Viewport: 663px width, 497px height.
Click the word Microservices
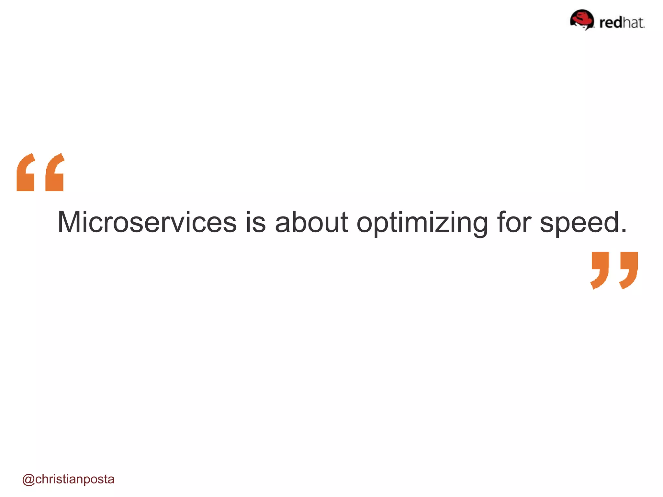(147, 222)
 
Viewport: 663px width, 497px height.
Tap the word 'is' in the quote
(256, 222)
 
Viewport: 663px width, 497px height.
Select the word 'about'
(311, 222)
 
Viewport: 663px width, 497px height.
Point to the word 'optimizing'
(422, 223)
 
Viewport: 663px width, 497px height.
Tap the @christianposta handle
(68, 479)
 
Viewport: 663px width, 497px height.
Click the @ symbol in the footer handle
(28, 480)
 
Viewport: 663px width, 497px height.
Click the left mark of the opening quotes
(26, 173)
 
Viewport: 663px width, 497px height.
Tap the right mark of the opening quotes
(55, 173)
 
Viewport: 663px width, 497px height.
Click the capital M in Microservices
(69, 222)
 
